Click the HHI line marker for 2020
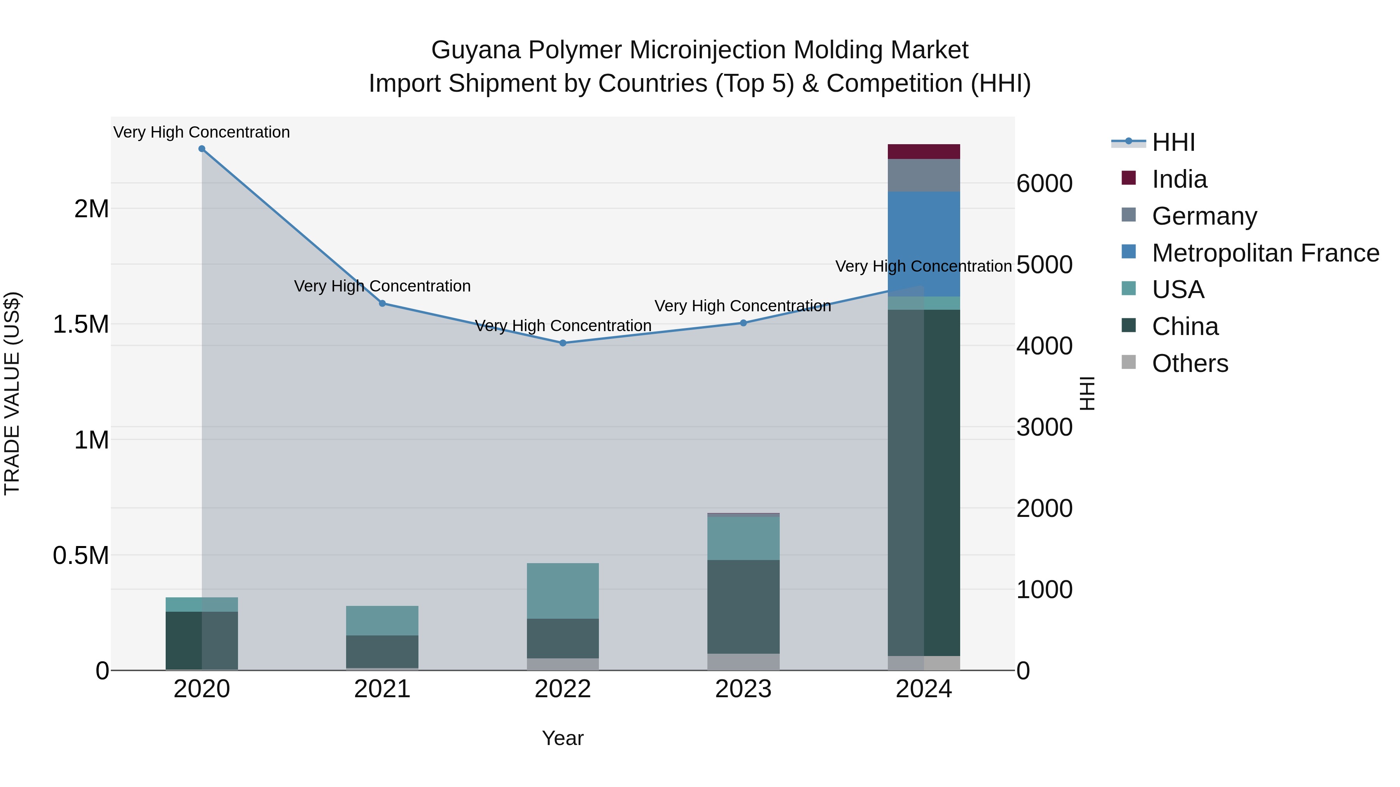[201, 149]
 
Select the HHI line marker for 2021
[382, 304]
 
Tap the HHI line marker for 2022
[562, 343]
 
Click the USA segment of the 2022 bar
[562, 591]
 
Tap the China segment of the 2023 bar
[743, 607]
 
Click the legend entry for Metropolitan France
[1265, 253]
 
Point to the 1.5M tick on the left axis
[80, 324]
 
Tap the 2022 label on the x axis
[562, 689]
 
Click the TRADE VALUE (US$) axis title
[12, 393]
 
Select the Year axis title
[562, 738]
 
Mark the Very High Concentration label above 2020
[201, 132]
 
